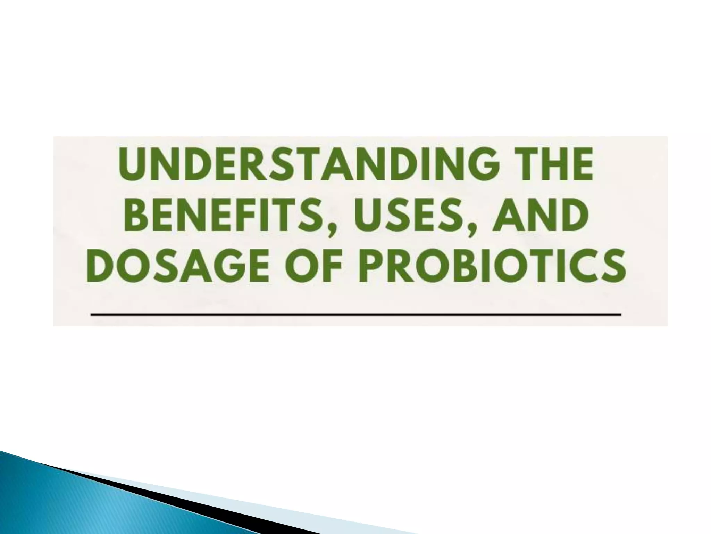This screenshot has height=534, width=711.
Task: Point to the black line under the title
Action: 355,314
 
